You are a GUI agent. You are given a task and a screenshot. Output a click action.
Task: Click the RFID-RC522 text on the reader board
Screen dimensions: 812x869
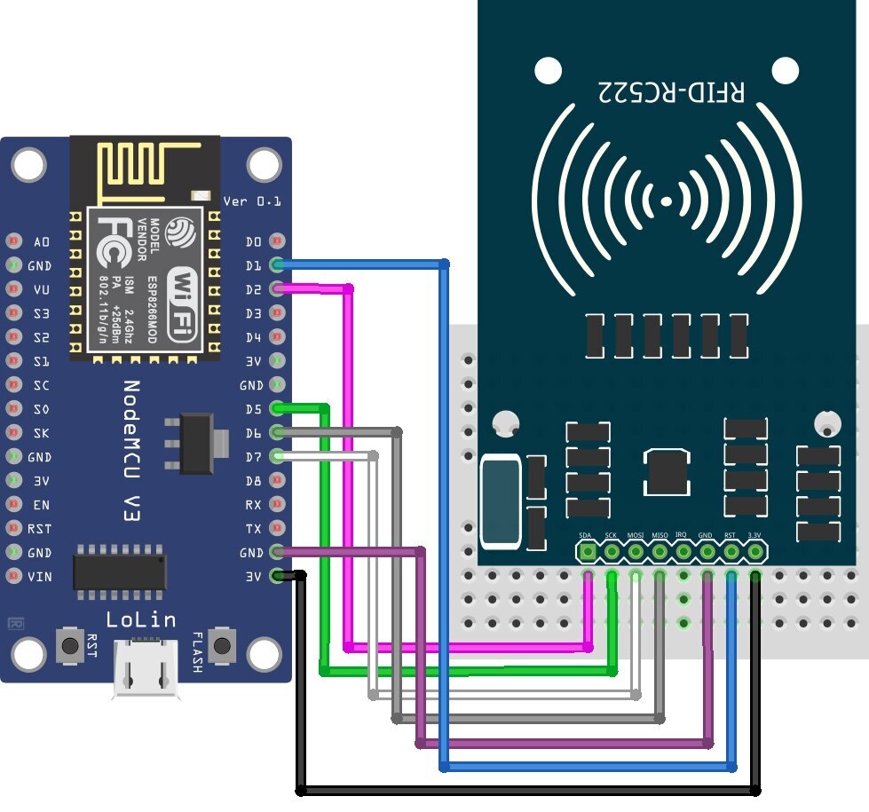click(x=670, y=91)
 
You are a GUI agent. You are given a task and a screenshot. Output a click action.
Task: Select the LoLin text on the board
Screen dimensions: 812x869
click(x=140, y=619)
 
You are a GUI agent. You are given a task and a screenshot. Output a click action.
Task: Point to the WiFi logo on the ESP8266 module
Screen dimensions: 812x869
click(x=182, y=301)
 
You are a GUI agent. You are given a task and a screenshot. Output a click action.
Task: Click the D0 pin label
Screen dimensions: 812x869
click(x=254, y=241)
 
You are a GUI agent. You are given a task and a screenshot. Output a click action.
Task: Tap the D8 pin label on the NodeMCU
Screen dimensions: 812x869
click(x=254, y=481)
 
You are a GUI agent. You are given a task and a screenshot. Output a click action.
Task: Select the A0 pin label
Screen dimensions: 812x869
click(x=42, y=241)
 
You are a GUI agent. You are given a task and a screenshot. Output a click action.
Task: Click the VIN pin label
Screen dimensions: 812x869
click(x=39, y=577)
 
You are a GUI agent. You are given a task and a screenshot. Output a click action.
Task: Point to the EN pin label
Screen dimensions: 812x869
click(x=41, y=505)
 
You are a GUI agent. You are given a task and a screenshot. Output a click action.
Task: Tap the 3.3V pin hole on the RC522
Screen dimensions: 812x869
click(x=755, y=552)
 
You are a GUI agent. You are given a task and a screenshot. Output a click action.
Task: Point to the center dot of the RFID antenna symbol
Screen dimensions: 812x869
click(x=667, y=203)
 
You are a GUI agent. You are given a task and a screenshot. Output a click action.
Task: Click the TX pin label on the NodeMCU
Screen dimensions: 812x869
click(x=254, y=529)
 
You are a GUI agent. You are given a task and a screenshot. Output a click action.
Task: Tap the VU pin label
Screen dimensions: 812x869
click(x=41, y=289)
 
